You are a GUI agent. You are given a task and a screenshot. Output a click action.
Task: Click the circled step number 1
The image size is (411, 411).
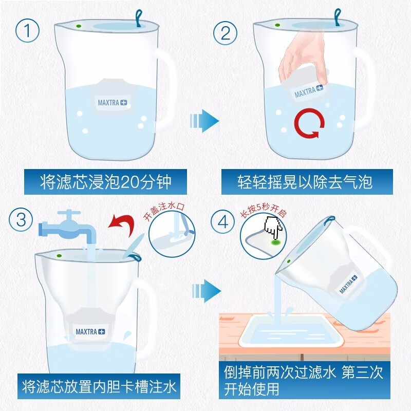click(x=27, y=31)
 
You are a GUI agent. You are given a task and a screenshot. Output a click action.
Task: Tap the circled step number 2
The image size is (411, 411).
click(x=225, y=33)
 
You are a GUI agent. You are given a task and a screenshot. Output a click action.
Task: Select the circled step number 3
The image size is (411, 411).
click(x=21, y=219)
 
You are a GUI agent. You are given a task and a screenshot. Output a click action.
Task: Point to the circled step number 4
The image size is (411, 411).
click(x=223, y=222)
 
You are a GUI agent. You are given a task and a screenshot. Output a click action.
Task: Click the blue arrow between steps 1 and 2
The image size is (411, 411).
click(x=204, y=121)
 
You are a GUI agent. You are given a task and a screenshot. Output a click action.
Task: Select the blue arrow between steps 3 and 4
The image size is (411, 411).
click(x=207, y=291)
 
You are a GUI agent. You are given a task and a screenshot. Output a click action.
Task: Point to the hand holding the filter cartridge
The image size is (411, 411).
click(x=303, y=57)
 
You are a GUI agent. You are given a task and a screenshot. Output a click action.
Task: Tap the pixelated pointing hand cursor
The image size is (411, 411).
click(x=273, y=227)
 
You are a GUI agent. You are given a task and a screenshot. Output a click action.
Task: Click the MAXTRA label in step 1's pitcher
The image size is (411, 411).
click(x=112, y=102)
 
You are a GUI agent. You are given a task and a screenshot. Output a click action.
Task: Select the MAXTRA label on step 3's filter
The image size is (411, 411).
click(x=90, y=331)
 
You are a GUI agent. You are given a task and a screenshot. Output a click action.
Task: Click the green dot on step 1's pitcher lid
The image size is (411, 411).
click(x=78, y=26)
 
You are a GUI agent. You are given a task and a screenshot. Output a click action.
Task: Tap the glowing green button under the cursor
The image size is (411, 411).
click(x=275, y=242)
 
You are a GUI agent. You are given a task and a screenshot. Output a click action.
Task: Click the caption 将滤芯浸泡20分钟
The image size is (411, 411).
click(x=106, y=182)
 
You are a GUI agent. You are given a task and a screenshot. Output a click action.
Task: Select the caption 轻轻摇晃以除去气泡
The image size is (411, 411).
click(x=305, y=182)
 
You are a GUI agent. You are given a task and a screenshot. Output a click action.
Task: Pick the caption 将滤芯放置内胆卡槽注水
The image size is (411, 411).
click(x=99, y=386)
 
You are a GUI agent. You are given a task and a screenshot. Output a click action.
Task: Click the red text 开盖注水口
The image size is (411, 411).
click(x=164, y=212)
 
